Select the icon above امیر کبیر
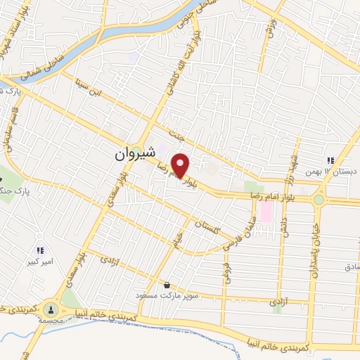[40, 250]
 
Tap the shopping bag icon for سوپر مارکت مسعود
[167, 285]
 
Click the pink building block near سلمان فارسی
[266, 210]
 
